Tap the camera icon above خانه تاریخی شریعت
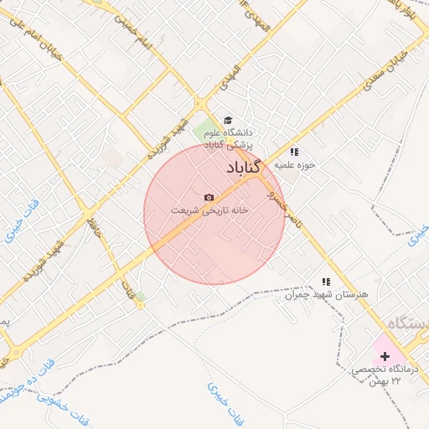[209, 197]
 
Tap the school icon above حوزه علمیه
[294, 152]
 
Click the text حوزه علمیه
[297, 164]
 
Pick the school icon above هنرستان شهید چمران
[326, 282]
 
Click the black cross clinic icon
[385, 356]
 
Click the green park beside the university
[204, 131]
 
